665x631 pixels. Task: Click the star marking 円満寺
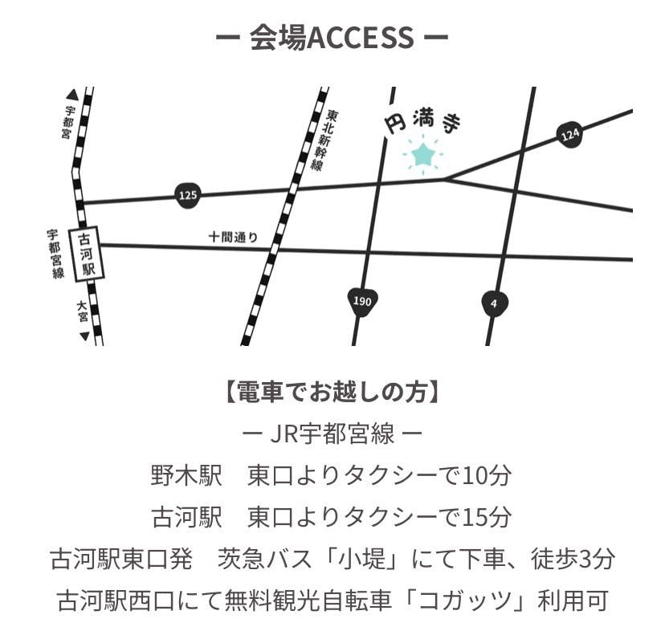click(x=422, y=153)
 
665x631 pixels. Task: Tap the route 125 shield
click(x=187, y=194)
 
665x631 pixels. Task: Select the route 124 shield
click(x=569, y=135)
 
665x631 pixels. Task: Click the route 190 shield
click(x=362, y=301)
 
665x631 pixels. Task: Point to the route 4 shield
click(x=494, y=303)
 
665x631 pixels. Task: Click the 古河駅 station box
click(x=88, y=254)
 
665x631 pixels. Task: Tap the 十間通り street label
click(x=233, y=237)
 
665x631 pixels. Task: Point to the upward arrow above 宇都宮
click(x=72, y=94)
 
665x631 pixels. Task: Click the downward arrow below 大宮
click(x=84, y=336)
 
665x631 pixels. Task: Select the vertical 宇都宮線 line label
click(x=55, y=254)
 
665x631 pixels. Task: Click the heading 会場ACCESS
click(x=332, y=37)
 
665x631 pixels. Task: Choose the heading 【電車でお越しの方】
click(x=332, y=393)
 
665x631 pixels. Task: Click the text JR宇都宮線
click(x=332, y=434)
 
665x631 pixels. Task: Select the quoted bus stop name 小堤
click(x=401, y=560)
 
